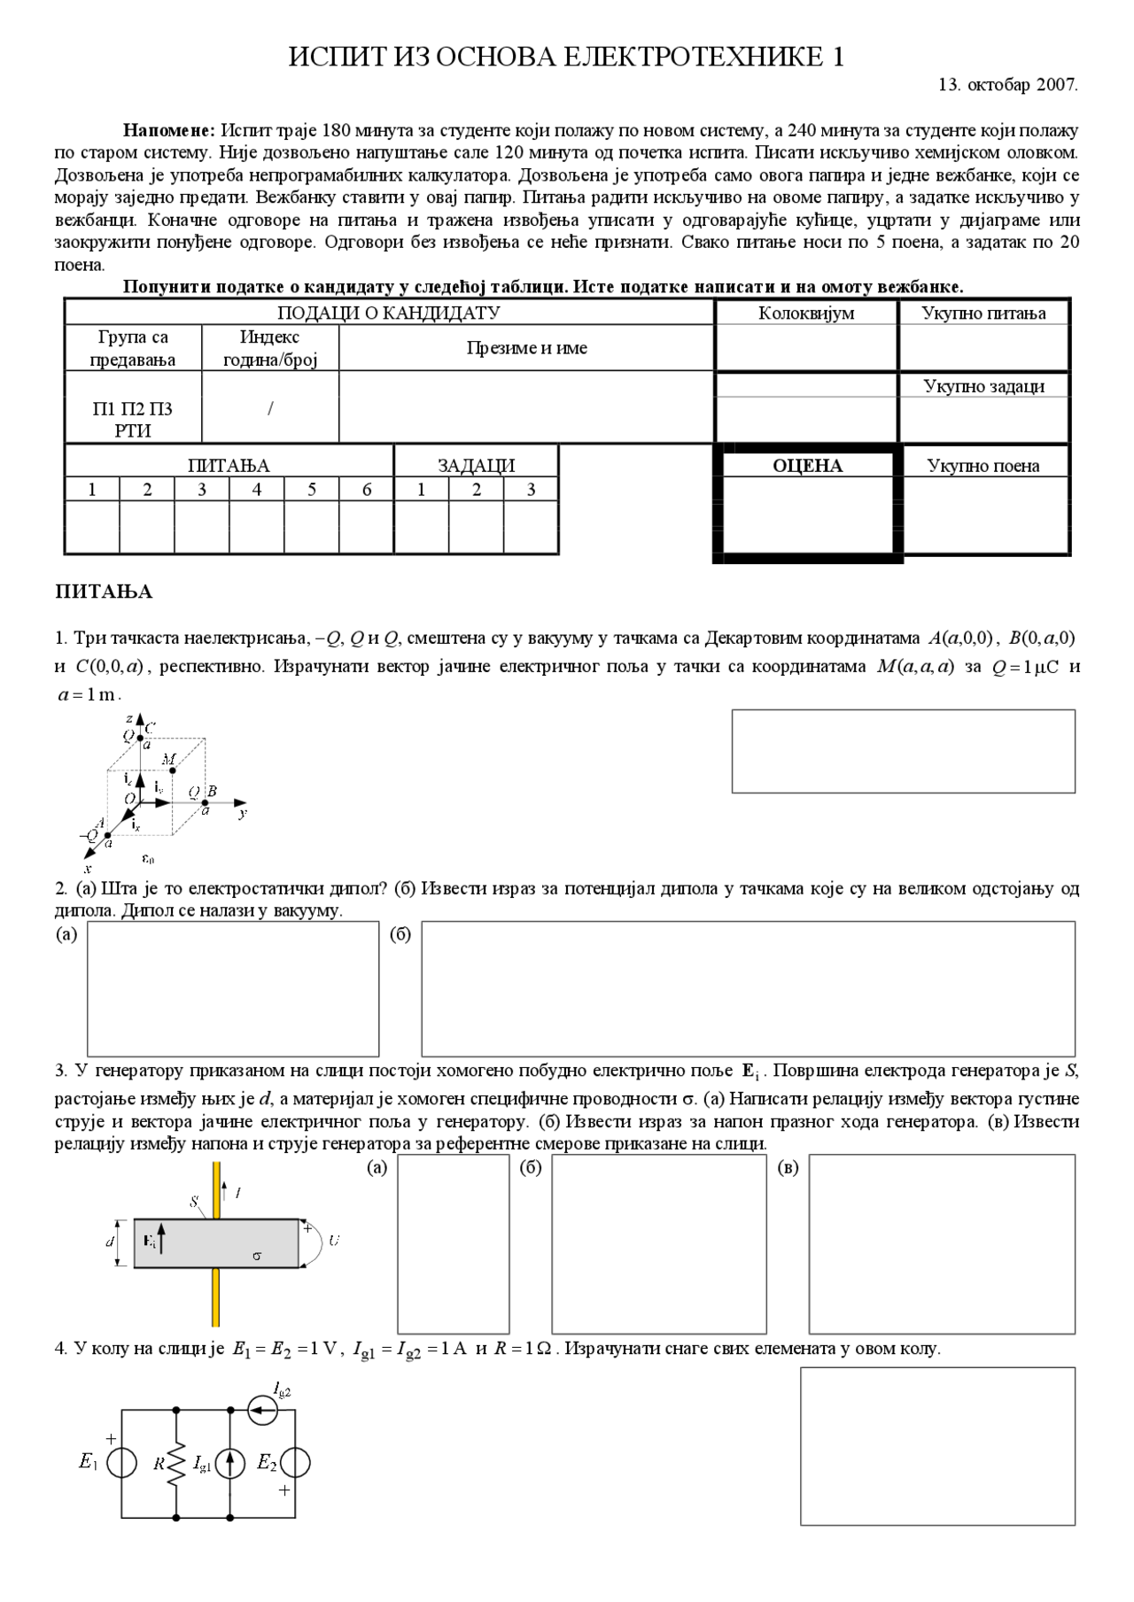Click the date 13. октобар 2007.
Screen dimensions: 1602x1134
point(1007,85)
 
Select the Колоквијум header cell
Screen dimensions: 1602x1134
point(805,313)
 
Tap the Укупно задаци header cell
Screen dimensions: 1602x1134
point(983,386)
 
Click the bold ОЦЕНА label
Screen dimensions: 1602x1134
point(807,466)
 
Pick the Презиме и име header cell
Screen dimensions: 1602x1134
point(526,348)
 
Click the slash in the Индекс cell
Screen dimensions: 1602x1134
point(270,408)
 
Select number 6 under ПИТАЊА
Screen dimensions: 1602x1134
point(366,490)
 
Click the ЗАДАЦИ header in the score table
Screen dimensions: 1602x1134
point(476,466)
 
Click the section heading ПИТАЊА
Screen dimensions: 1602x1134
point(104,592)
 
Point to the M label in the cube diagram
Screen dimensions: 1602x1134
point(168,760)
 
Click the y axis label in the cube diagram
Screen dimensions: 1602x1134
point(243,811)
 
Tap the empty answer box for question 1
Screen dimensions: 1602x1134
point(903,751)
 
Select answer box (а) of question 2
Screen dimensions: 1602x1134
point(233,988)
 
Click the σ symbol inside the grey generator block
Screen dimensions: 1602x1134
point(257,1256)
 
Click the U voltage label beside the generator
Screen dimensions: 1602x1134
point(333,1241)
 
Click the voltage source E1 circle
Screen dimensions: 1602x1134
point(121,1463)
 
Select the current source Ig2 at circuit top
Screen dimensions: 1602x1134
point(263,1408)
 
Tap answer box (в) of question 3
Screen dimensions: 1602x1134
point(941,1243)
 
